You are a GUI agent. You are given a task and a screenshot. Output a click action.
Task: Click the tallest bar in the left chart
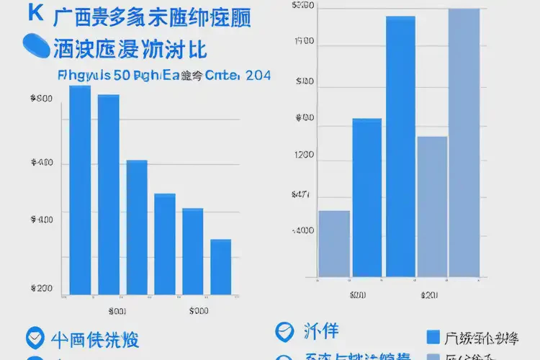coord(80,190)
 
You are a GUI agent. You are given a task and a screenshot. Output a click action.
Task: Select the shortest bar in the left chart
coord(220,266)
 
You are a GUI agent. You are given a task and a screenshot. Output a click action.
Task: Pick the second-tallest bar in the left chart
coord(108,194)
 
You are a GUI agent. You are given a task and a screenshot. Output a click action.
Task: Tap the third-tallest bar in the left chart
coord(137,227)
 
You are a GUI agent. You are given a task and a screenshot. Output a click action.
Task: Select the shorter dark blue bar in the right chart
coord(367,197)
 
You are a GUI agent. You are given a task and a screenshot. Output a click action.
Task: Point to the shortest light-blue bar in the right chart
coord(334,243)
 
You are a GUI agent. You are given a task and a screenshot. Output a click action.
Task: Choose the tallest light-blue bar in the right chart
coord(464,143)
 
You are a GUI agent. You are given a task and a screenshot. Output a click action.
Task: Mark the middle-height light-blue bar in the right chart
coord(432,207)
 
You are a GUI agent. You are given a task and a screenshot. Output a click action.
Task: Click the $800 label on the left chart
coord(42,99)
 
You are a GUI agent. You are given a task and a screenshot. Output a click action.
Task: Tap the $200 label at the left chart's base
coord(42,288)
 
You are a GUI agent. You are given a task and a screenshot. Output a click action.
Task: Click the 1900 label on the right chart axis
coord(304,42)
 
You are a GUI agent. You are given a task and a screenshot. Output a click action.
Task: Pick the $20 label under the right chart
coord(430,294)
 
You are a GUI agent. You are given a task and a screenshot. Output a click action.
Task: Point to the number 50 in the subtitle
coord(122,75)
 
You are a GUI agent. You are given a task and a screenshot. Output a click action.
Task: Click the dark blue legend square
coord(433,338)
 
